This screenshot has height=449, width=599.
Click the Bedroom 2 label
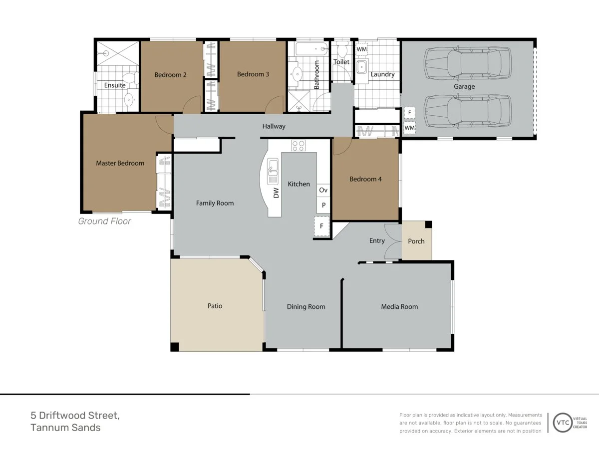click(x=170, y=75)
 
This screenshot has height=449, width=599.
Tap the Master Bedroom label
click(x=120, y=163)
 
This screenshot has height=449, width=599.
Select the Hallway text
click(x=274, y=126)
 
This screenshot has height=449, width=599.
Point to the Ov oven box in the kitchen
click(x=323, y=190)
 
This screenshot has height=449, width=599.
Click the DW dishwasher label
click(x=276, y=193)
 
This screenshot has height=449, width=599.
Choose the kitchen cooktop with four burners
click(x=299, y=145)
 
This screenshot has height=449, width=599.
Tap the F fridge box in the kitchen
click(x=322, y=226)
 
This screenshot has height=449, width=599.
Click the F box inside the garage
click(x=409, y=112)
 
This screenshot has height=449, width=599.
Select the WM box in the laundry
click(x=361, y=49)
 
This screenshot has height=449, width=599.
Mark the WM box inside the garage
click(x=409, y=128)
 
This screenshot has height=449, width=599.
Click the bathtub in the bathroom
click(x=311, y=49)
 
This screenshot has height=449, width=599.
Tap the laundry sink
click(x=362, y=67)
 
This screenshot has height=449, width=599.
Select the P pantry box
click(x=323, y=205)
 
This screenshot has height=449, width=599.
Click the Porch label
click(x=416, y=241)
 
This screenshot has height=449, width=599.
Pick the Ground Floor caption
click(x=104, y=221)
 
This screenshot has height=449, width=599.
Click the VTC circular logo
click(x=563, y=423)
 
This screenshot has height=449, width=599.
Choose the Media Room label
click(x=399, y=307)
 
